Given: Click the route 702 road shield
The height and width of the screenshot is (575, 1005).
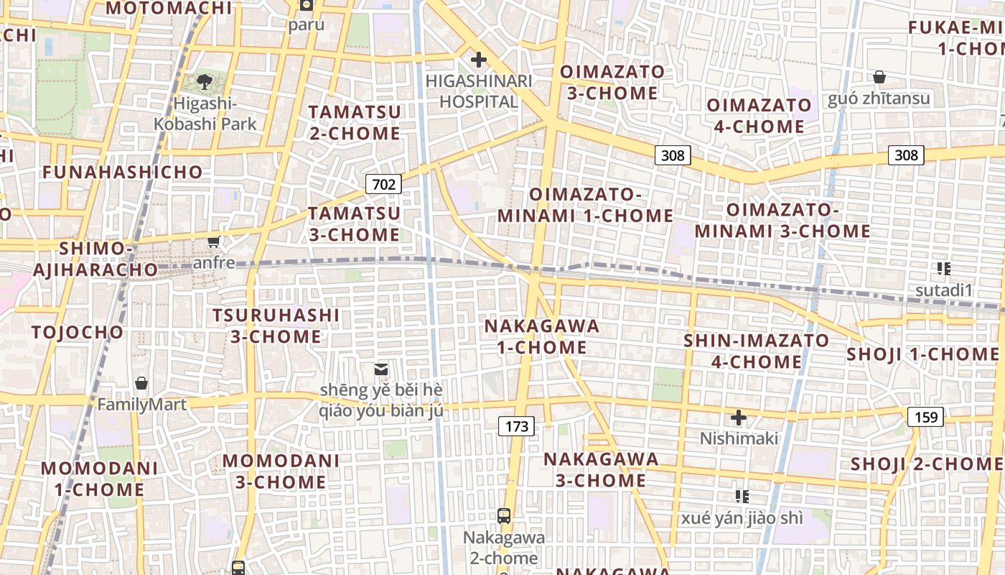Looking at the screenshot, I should click(x=384, y=184).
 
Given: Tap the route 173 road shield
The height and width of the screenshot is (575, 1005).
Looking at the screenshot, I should click(x=517, y=426).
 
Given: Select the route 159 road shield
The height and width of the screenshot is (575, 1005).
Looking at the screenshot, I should click(x=925, y=416).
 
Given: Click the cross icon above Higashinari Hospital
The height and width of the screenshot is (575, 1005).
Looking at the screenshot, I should click(x=478, y=60).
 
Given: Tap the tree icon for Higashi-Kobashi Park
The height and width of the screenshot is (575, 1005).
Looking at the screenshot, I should click(x=205, y=81).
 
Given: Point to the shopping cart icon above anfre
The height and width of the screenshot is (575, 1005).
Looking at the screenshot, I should click(x=213, y=241).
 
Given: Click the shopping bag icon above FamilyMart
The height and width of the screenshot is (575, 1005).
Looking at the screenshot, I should click(x=141, y=383).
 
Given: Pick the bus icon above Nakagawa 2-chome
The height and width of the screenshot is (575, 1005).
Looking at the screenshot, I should click(x=504, y=515).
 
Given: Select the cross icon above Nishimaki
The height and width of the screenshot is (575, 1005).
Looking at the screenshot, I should click(x=739, y=417).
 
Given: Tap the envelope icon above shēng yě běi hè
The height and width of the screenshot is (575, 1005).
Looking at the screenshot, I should click(x=381, y=369).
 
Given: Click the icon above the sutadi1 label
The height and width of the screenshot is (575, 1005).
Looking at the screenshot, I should click(x=944, y=269).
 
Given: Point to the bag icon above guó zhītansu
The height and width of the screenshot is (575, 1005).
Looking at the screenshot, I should click(x=879, y=77).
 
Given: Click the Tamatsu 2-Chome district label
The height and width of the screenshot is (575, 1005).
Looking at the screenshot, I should click(x=355, y=123).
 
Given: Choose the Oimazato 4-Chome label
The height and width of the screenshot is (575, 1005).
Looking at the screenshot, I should click(x=759, y=116).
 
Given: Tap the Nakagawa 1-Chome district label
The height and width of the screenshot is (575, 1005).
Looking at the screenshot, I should click(x=543, y=336).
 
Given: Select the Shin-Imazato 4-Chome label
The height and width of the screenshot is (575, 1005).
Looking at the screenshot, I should click(x=756, y=351).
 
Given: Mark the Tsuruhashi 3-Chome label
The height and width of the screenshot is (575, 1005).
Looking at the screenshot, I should click(x=276, y=326).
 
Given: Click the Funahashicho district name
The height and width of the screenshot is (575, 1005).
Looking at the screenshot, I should click(x=123, y=172).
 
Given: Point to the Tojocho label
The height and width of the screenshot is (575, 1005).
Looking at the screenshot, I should click(x=78, y=332).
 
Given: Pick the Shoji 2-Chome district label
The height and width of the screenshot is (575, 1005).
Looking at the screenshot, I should click(x=927, y=464).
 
